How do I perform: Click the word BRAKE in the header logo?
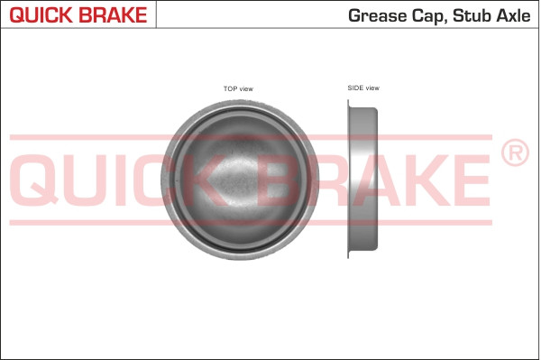[113, 15]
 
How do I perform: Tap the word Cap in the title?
[426, 15]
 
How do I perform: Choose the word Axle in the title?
[511, 15]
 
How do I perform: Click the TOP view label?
[238, 88]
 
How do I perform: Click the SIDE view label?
[362, 88]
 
